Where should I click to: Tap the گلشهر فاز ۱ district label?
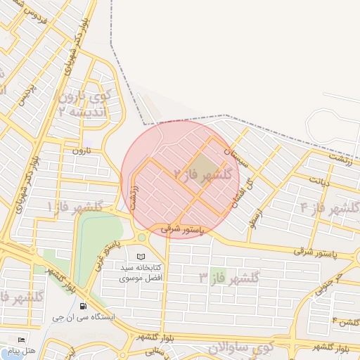click(x=75, y=207)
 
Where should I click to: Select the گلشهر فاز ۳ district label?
click(x=229, y=277)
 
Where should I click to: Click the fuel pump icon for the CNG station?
click(x=84, y=306)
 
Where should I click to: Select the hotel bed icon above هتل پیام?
click(x=20, y=340)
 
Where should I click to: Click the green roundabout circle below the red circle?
click(x=142, y=237)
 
